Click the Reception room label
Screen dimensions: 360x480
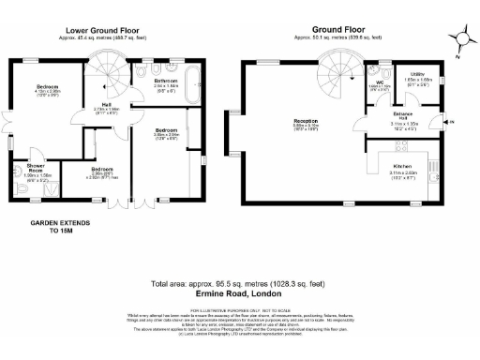pos(305,122)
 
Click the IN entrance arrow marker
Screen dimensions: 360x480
pos(452,122)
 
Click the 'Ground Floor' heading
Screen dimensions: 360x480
pos(339,29)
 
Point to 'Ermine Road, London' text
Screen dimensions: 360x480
pos(240,293)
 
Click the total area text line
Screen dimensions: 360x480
pos(240,283)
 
